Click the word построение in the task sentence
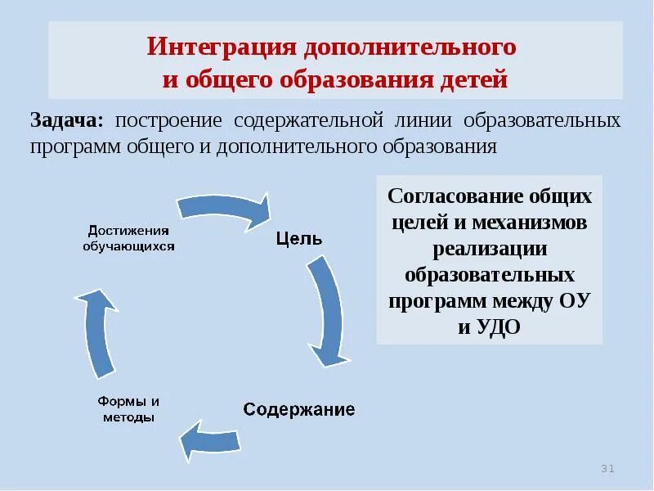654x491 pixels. click(x=168, y=121)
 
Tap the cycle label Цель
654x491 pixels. click(x=299, y=239)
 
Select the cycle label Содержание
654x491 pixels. click(x=299, y=409)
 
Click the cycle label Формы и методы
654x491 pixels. click(x=128, y=409)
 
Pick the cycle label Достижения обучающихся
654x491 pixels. click(x=128, y=238)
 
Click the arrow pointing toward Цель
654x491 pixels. click(x=225, y=209)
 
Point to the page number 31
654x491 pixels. click(x=607, y=469)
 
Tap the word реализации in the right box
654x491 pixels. click(x=490, y=250)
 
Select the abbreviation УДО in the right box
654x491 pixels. click(x=501, y=327)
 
